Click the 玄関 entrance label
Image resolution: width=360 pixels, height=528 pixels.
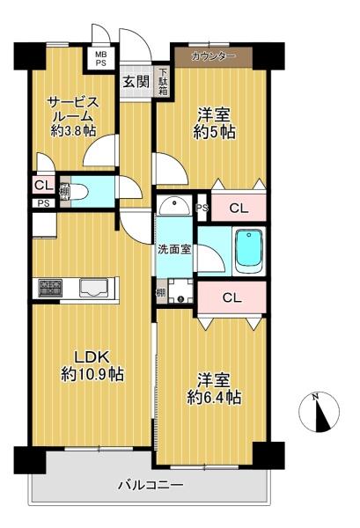tap(136, 81)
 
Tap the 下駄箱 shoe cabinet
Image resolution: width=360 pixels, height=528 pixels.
tap(163, 82)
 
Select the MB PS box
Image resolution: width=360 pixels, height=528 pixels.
tap(100, 58)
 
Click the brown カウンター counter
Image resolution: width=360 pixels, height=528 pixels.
tap(214, 56)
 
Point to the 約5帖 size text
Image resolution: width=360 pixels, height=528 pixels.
tap(214, 132)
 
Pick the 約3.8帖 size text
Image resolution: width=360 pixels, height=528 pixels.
tap(73, 130)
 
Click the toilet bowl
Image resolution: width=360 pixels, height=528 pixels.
tap(77, 192)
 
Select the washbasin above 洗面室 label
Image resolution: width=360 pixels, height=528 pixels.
tap(174, 205)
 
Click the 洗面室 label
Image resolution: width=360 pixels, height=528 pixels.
tap(175, 250)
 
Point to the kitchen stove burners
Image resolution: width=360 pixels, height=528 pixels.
tap(51, 288)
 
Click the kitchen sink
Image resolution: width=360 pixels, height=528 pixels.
tap(94, 288)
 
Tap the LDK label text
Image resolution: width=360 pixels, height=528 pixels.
tap(92, 357)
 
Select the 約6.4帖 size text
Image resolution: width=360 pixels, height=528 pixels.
tap(214, 398)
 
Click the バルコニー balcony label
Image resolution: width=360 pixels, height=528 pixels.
tap(151, 485)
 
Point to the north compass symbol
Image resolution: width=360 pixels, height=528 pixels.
tap(319, 412)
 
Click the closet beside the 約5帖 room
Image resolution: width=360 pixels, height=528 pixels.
tap(239, 208)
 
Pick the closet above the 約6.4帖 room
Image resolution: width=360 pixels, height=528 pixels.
tap(232, 297)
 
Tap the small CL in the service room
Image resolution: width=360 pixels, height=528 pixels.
tap(44, 185)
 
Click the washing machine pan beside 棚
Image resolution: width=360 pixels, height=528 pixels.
tap(180, 291)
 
